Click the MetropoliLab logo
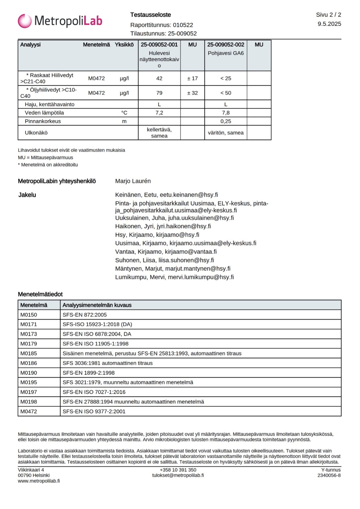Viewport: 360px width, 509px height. tap(60, 21)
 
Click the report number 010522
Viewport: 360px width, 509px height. tap(183, 25)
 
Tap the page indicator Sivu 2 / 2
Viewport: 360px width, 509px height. tap(328, 15)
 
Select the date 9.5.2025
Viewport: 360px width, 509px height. tap(329, 24)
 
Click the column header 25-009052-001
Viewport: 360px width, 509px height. tap(159, 45)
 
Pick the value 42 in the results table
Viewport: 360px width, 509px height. tap(159, 78)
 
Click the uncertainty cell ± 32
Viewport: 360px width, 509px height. tap(192, 93)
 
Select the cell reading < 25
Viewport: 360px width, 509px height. tap(226, 78)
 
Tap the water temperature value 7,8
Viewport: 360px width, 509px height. tap(226, 113)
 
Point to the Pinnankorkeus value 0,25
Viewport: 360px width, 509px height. tap(226, 121)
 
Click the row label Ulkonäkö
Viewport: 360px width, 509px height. tap(36, 133)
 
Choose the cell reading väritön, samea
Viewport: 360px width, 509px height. tap(226, 133)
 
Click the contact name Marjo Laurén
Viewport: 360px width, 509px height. tap(133, 181)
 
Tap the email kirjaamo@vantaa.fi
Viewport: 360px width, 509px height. tap(191, 252)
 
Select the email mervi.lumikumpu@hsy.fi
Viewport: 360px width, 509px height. tap(201, 277)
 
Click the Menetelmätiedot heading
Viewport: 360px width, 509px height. tap(40, 294)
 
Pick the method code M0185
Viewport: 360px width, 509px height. tap(29, 353)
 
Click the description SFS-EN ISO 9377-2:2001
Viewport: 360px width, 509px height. tap(94, 411)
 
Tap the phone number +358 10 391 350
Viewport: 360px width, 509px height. tap(178, 470)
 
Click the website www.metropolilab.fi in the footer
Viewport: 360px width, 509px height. tap(39, 481)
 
